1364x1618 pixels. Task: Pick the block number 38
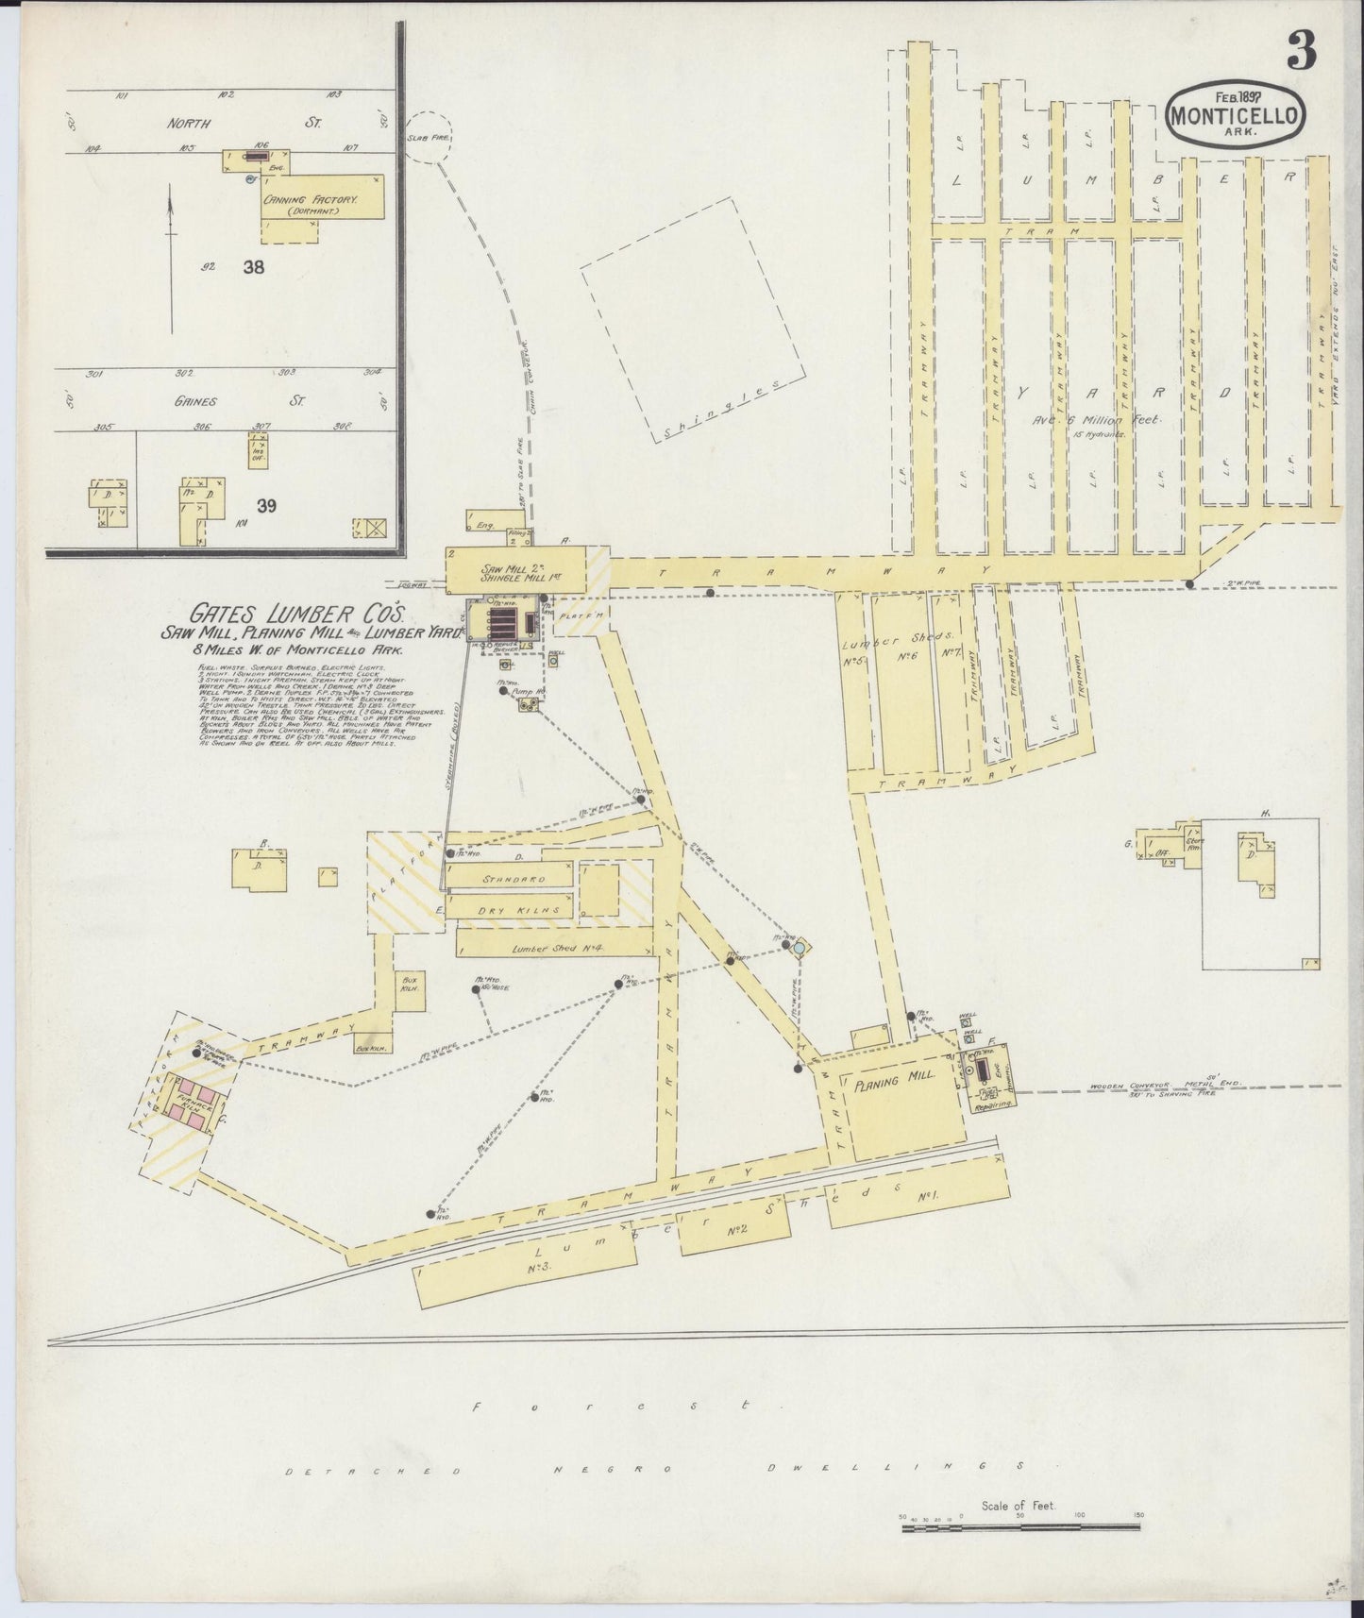(253, 266)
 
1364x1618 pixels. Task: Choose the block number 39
(266, 506)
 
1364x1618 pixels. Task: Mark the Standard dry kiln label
(514, 879)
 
